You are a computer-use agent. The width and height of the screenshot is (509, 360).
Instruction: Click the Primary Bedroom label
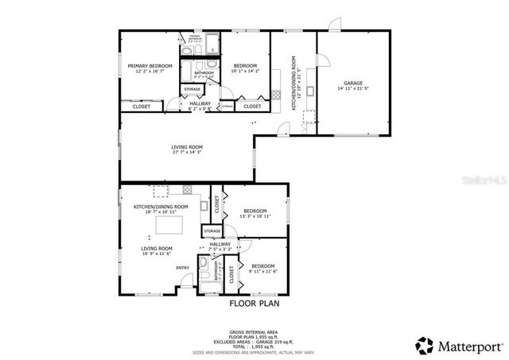click(x=150, y=66)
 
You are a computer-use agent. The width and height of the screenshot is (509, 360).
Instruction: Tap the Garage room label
click(x=353, y=83)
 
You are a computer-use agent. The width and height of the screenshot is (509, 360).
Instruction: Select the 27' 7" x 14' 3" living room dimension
click(x=187, y=153)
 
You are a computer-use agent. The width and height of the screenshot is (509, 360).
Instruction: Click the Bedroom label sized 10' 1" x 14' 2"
click(x=245, y=66)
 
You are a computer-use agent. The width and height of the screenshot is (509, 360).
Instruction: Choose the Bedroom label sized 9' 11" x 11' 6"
click(x=262, y=266)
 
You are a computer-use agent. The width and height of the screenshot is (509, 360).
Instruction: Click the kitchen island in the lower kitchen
click(x=169, y=226)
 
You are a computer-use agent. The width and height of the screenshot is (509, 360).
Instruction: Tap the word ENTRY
click(x=184, y=268)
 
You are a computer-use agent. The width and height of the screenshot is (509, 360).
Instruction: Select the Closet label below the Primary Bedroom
click(x=142, y=106)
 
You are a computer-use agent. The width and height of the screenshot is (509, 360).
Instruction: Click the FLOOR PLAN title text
click(x=254, y=303)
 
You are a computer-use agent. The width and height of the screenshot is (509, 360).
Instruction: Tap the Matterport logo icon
click(x=425, y=346)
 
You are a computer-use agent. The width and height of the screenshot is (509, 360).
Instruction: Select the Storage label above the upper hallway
click(x=192, y=89)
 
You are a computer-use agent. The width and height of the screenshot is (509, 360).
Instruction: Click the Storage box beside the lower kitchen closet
click(x=212, y=231)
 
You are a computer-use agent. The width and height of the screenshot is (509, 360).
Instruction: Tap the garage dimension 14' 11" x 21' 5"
click(x=353, y=89)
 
